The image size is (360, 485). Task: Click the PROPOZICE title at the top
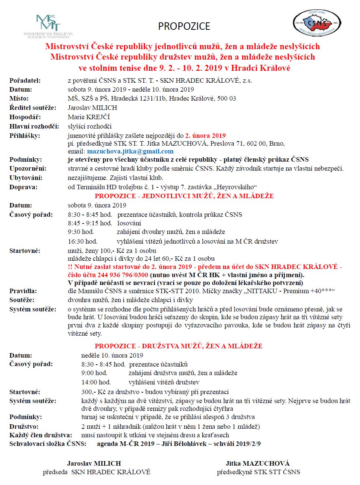pyautogui.click(x=184, y=26)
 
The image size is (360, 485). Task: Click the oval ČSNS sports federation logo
pyautogui.click(x=316, y=23)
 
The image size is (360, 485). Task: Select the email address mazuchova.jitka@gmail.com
pyautogui.click(x=130, y=151)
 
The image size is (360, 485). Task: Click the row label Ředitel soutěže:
pyautogui.click(x=33, y=108)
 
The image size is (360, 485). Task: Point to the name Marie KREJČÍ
pyautogui.click(x=89, y=117)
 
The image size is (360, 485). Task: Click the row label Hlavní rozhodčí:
pyautogui.click(x=34, y=126)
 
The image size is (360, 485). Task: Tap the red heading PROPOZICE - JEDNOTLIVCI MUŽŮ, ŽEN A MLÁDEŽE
pyautogui.click(x=184, y=196)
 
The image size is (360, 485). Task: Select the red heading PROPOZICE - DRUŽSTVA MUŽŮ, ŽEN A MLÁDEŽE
pyautogui.click(x=179, y=346)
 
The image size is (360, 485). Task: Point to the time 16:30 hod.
pyautogui.click(x=82, y=241)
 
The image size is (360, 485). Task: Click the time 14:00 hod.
pyautogui.click(x=96, y=382)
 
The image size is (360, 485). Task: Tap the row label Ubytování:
pyautogui.click(x=26, y=178)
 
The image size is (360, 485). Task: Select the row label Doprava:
pyautogui.click(x=23, y=187)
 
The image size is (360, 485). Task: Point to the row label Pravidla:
pyautogui.click(x=23, y=291)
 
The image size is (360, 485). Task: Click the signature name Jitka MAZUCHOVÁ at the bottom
pyautogui.click(x=258, y=463)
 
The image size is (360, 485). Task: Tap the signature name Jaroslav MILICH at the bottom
pyautogui.click(x=94, y=463)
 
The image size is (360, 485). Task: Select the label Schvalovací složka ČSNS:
pyautogui.click(x=48, y=444)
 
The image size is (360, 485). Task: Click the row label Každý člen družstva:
pyautogui.click(x=41, y=435)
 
